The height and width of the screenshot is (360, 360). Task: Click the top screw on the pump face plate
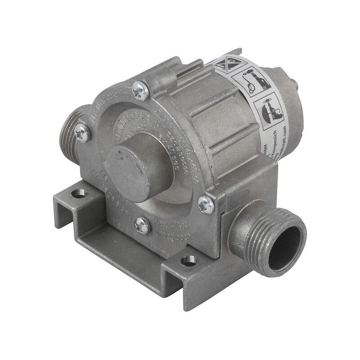pyautogui.click(x=140, y=91)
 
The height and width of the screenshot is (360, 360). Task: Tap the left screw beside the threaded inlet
pyautogui.click(x=82, y=132)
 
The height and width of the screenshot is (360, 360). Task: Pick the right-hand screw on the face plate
pyautogui.click(x=206, y=205)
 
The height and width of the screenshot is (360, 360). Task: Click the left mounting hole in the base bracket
pyautogui.click(x=79, y=193)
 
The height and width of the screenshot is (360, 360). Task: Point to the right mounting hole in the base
pyautogui.click(x=189, y=261)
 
